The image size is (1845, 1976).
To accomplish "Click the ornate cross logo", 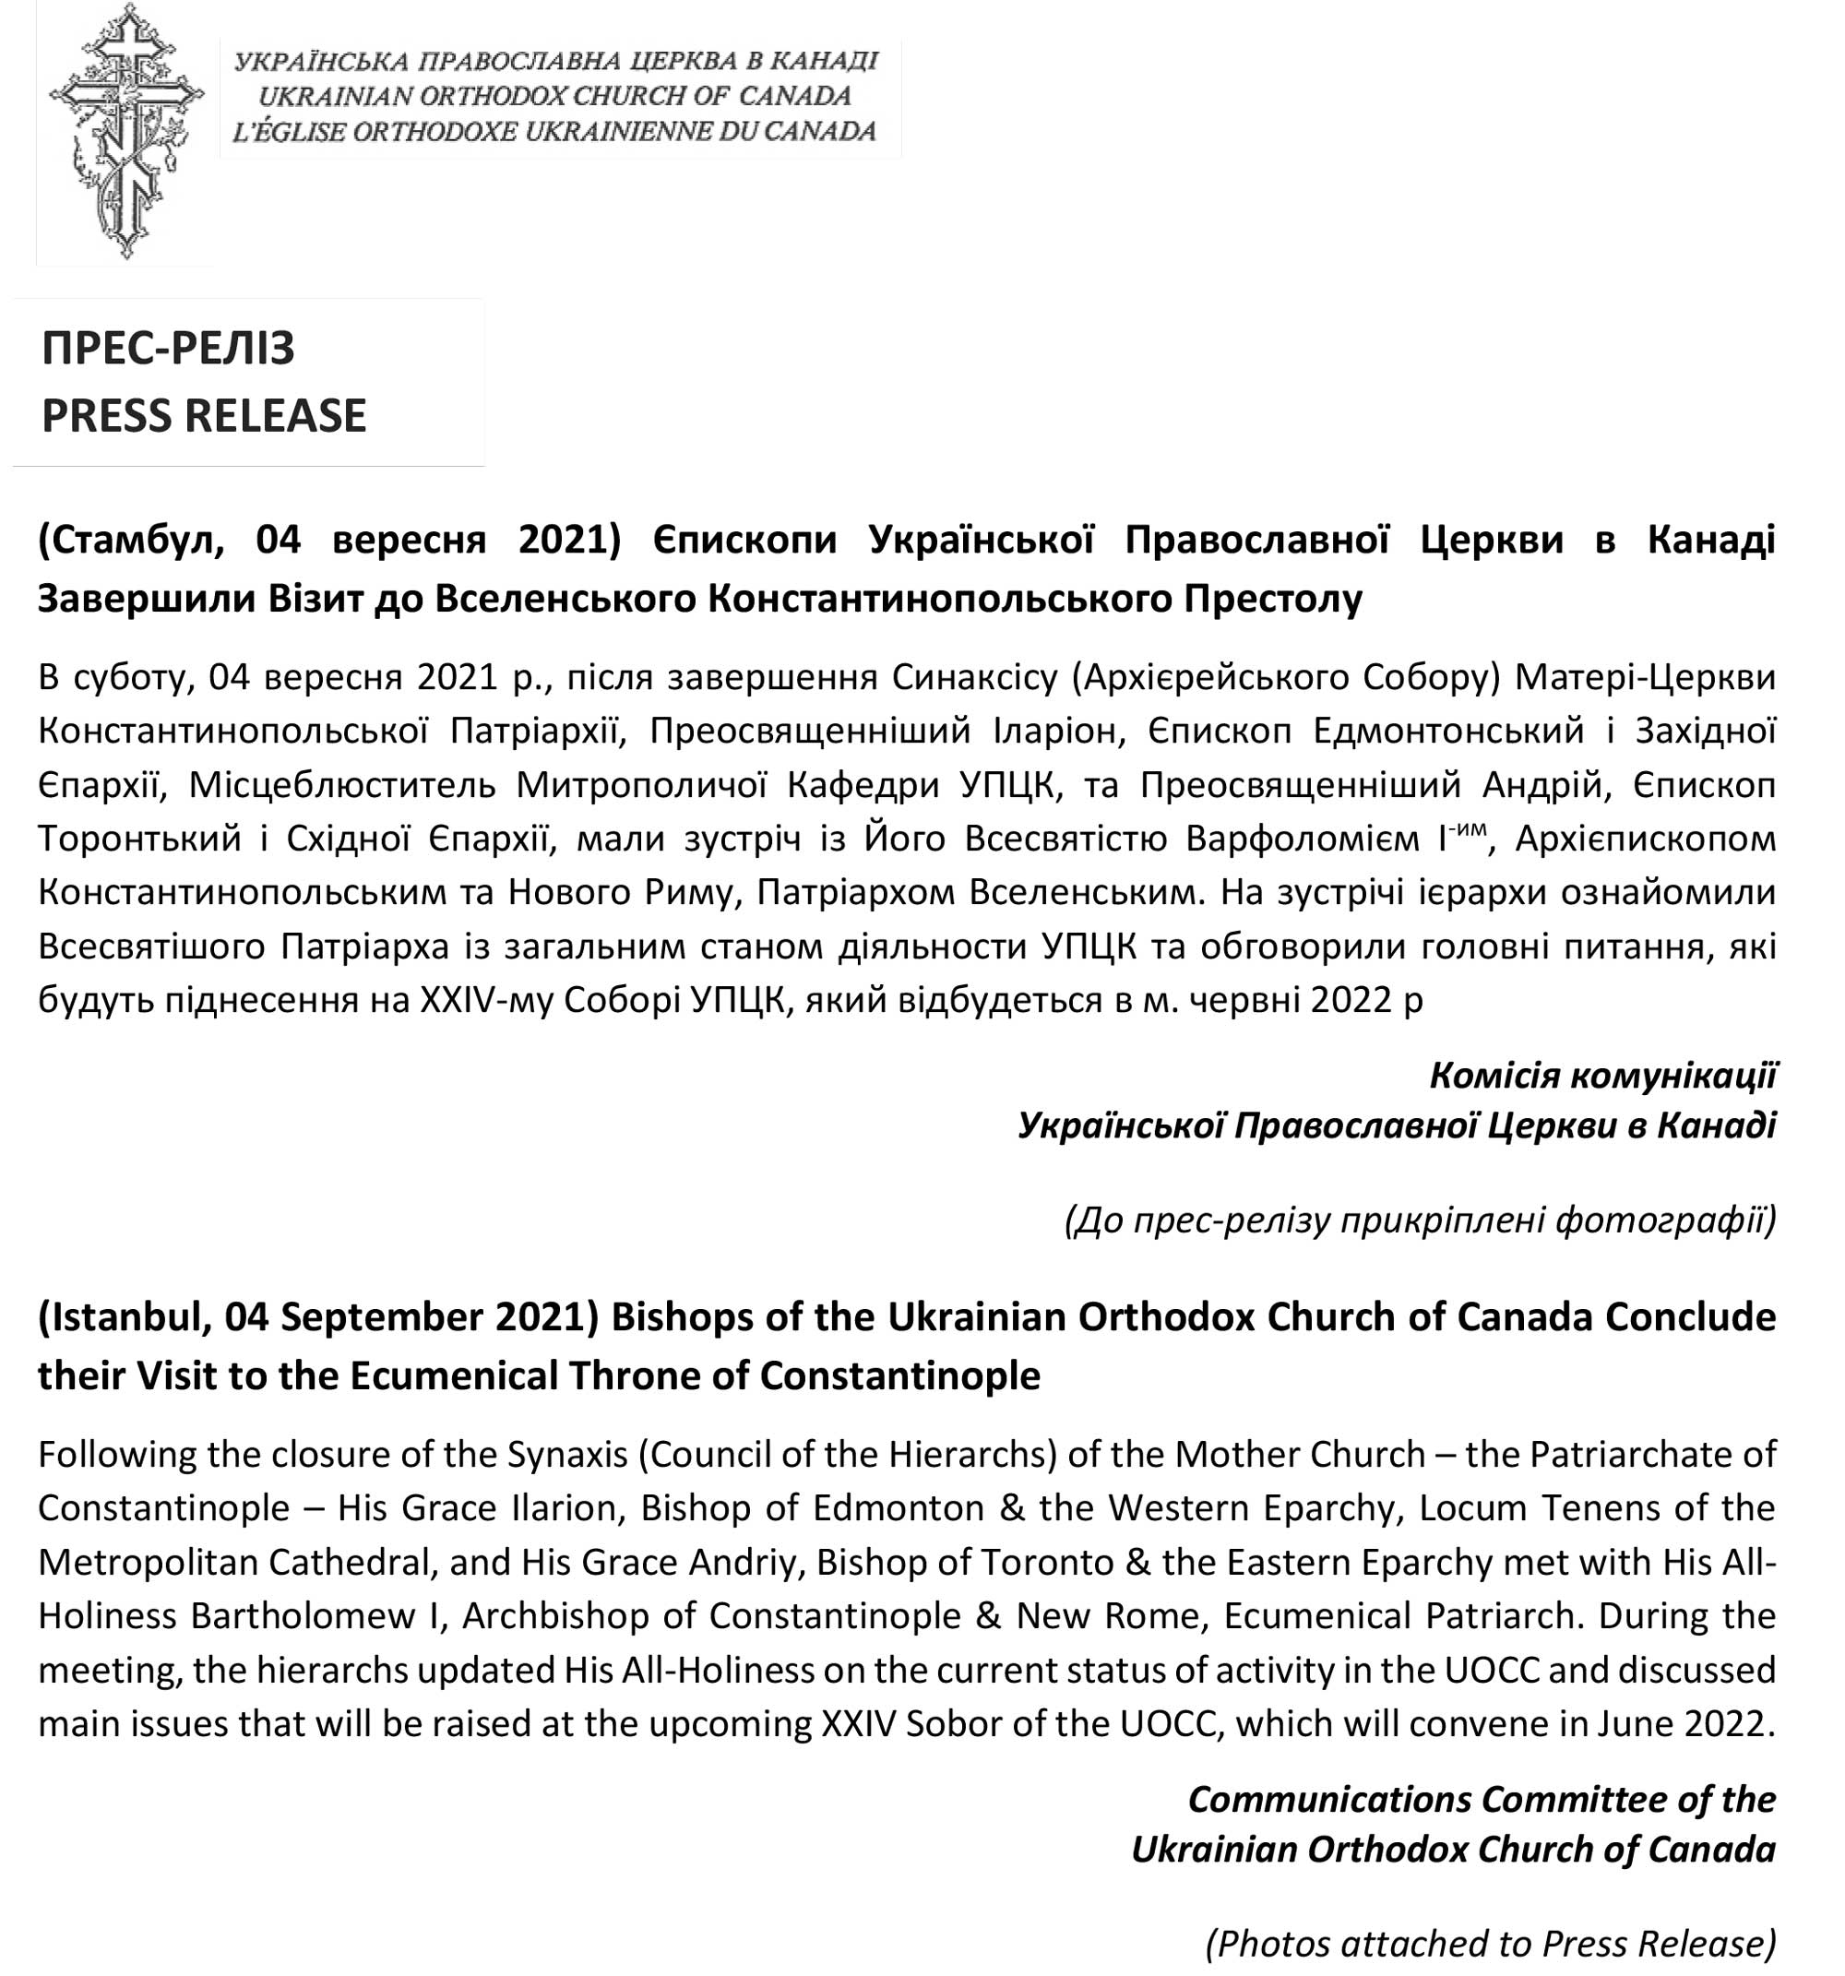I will [x=125, y=131].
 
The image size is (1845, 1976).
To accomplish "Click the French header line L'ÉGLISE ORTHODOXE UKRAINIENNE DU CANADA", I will [x=553, y=131].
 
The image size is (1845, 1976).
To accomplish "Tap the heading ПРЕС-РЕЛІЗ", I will [x=168, y=348].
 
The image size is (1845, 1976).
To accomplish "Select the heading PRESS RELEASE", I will [x=204, y=415].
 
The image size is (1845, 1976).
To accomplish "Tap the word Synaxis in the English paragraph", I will [x=567, y=1455].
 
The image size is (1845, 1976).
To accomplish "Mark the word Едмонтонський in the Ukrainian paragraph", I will [x=1448, y=731].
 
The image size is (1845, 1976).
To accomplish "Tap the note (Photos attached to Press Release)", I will [x=1490, y=1943].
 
